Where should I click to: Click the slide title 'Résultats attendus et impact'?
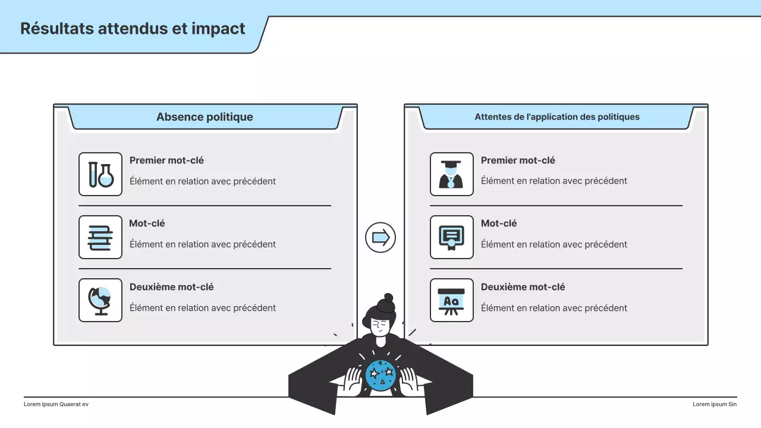click(x=133, y=29)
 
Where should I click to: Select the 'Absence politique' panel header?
click(x=205, y=117)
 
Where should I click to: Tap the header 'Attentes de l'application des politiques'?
click(x=556, y=117)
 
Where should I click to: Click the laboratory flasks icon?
click(x=100, y=174)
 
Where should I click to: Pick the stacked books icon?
click(x=100, y=237)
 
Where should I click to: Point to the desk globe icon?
click(x=100, y=300)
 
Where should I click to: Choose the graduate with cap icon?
click(x=451, y=174)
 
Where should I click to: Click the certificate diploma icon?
click(x=451, y=237)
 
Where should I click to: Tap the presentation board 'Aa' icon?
click(x=451, y=300)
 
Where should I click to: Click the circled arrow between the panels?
click(x=380, y=237)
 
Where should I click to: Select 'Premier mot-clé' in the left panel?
click(x=166, y=160)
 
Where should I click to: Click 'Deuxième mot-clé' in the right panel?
click(x=523, y=287)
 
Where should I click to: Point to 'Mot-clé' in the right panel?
click(x=499, y=224)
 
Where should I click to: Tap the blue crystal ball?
click(x=380, y=375)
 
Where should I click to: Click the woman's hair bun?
click(x=388, y=299)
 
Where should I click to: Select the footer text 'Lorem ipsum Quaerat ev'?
click(x=56, y=404)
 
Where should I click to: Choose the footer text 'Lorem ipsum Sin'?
click(x=714, y=404)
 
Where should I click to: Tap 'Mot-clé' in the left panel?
click(x=147, y=224)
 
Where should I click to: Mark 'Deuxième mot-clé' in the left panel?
click(x=171, y=287)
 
